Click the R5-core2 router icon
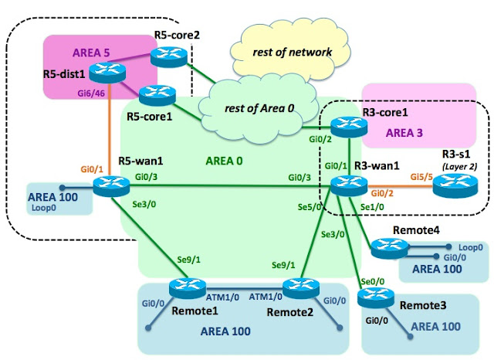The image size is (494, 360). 165,55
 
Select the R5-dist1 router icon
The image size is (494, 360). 103,73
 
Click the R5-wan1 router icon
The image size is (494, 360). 103,186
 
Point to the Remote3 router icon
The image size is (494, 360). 374,300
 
